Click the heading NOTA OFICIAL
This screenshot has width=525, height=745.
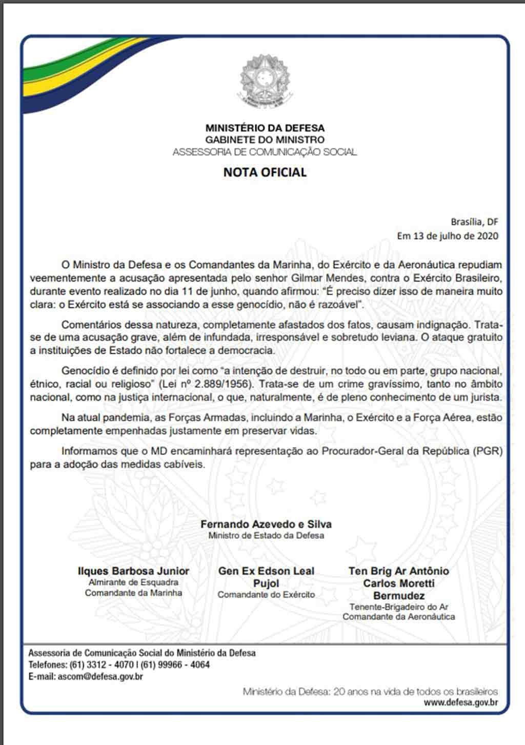tap(265, 172)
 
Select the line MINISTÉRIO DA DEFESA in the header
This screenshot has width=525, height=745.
tap(265, 128)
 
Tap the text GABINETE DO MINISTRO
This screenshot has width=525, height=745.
tap(265, 139)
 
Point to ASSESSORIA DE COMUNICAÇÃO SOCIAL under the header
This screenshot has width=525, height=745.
tap(265, 152)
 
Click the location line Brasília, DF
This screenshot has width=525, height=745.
tap(474, 222)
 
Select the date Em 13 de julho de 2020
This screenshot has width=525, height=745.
tap(448, 236)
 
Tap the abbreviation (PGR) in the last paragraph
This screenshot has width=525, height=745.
tap(488, 451)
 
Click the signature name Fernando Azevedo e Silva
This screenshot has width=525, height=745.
tap(266, 524)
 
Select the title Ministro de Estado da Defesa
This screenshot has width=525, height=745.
tap(266, 535)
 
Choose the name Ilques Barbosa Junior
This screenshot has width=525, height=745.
tap(133, 571)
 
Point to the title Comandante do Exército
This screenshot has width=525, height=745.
tap(266, 595)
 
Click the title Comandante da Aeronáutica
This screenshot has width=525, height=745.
tap(398, 617)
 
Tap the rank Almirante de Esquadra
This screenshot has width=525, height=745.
tap(133, 582)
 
